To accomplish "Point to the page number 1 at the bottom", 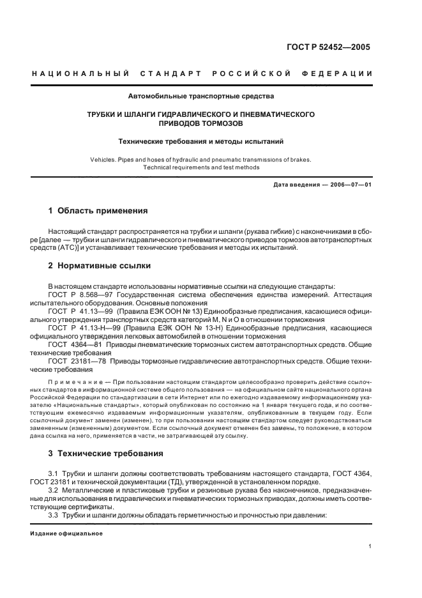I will click(370, 546).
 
